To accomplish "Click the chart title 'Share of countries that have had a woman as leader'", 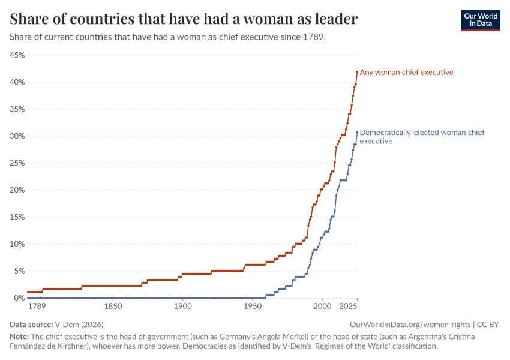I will pos(184,19).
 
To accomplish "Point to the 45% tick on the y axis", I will pos(17,55).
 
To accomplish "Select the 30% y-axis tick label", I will pos(17,136).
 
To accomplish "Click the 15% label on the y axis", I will pos(17,217).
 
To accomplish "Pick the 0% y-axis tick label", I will pos(19,298).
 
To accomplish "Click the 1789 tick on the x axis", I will pos(37,307).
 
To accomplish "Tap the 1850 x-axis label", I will pos(113,307).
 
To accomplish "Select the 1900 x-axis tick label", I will pos(182,307).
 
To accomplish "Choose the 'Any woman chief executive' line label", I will pos(406,72).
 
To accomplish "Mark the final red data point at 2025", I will pos(357,72).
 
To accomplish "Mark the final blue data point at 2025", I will pos(357,133).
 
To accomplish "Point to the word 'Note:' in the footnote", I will pos(19,337).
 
